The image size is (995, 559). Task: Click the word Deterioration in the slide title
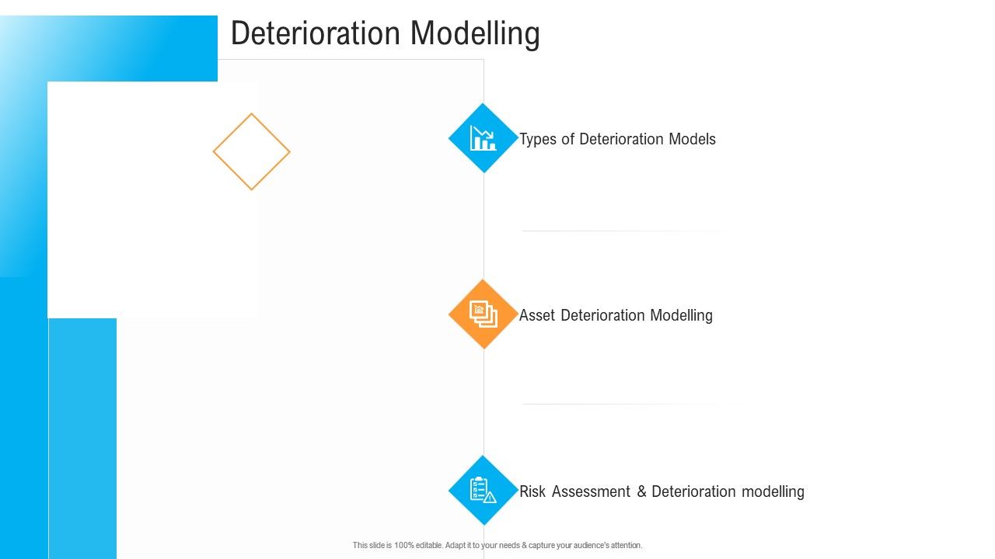316,33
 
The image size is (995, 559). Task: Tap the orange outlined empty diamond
251,151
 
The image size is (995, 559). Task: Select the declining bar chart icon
483,138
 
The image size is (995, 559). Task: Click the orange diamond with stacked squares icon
483,314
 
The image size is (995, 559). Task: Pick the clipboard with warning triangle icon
483,490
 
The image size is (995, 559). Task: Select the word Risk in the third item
532,491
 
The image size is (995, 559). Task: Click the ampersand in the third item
641,491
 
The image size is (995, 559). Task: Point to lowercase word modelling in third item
772,491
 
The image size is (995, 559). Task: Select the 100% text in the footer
404,546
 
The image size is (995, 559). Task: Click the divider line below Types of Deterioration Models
622,231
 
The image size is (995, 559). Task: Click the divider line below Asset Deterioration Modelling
622,404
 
